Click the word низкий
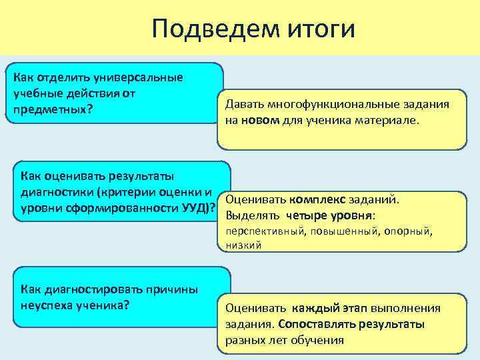[x=243, y=245]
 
